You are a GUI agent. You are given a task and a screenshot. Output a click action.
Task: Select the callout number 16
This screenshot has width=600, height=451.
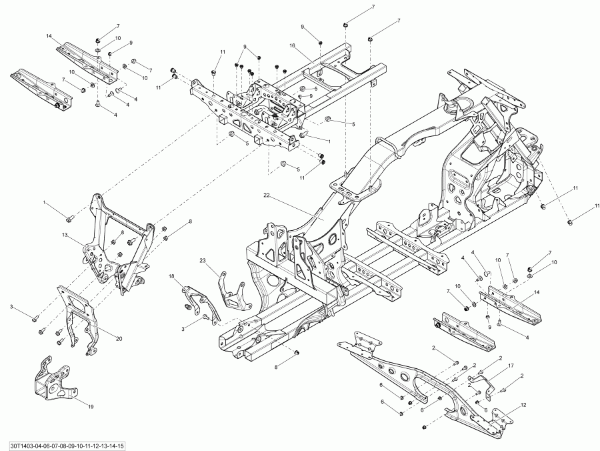tap(292, 45)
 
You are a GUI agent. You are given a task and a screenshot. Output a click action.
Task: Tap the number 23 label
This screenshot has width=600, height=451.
tap(203, 260)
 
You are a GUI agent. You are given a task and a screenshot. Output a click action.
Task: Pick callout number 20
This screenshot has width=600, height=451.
tap(119, 338)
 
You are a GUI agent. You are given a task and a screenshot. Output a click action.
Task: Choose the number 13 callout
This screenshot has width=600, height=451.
tap(66, 236)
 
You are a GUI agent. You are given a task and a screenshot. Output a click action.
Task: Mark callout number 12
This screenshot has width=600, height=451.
tap(523, 404)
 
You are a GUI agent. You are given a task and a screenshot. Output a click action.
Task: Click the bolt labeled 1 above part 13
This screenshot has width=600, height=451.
tap(70, 217)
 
